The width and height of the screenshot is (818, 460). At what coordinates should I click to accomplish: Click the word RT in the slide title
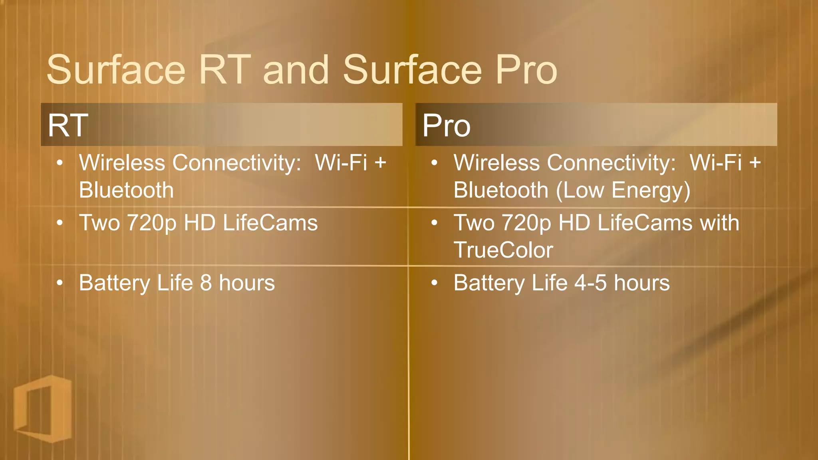(x=225, y=70)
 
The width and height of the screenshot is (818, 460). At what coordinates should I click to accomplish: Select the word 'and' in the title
(x=296, y=70)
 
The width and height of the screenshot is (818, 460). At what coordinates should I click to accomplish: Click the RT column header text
(x=68, y=125)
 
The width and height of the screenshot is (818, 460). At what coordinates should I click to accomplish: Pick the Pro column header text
(x=446, y=125)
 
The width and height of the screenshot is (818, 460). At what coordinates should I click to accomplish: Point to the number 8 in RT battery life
(x=206, y=283)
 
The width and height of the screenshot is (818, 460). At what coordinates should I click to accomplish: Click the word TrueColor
(x=503, y=250)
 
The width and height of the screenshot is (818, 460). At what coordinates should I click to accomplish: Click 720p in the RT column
(x=151, y=223)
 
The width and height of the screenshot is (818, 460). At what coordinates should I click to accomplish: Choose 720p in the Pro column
(x=526, y=223)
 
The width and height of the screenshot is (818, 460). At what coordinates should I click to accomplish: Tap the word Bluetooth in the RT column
(x=126, y=190)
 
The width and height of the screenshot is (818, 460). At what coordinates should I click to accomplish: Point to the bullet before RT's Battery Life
(x=60, y=283)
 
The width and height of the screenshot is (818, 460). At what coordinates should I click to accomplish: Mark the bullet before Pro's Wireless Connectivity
(x=434, y=163)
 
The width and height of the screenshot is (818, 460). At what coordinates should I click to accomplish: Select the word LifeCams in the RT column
(x=270, y=223)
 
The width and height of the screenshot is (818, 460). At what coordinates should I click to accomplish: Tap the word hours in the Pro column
(x=641, y=283)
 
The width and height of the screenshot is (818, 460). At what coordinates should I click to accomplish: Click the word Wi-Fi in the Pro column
(x=716, y=163)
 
